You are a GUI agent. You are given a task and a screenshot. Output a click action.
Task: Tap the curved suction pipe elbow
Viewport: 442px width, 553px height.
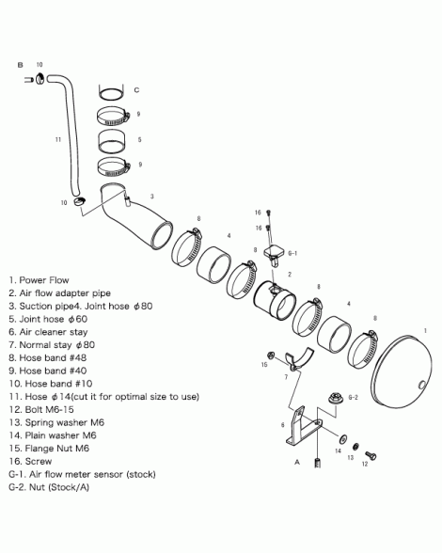click(x=134, y=214)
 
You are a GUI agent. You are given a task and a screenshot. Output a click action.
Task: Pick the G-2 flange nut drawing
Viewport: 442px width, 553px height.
click(x=334, y=398)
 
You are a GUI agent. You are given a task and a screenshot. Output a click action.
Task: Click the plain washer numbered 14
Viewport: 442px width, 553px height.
click(x=342, y=439)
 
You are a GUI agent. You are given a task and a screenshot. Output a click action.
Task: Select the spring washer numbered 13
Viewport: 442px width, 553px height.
click(x=355, y=446)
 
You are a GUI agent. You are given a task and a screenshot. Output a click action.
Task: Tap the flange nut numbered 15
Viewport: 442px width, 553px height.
click(x=271, y=355)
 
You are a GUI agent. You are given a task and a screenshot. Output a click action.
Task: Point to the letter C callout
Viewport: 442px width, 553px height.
click(x=136, y=90)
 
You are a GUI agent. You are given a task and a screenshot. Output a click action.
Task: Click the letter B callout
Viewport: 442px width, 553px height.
click(x=20, y=65)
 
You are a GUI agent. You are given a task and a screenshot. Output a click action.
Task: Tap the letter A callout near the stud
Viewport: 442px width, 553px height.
click(x=297, y=462)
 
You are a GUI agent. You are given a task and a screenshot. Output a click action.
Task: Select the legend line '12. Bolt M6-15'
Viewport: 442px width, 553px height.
click(x=41, y=409)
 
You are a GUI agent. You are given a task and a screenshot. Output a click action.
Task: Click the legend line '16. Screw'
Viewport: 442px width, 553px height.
click(x=30, y=461)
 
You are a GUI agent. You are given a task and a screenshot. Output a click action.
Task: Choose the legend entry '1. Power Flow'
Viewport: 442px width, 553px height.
click(x=39, y=280)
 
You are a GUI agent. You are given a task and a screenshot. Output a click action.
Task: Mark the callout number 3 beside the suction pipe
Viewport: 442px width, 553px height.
click(x=152, y=197)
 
